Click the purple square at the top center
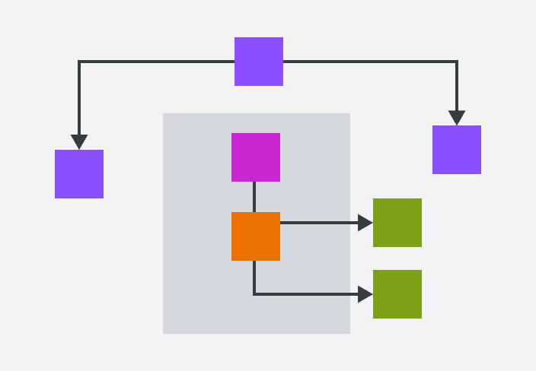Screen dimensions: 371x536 tap(259, 62)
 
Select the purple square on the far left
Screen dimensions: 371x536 tap(79, 174)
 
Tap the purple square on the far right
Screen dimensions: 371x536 tap(457, 150)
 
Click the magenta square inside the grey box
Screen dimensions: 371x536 tap(256, 157)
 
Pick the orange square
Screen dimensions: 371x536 tap(256, 236)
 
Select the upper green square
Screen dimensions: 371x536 tap(397, 223)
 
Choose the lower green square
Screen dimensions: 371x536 tap(397, 294)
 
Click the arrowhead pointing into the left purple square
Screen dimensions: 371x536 tap(79, 142)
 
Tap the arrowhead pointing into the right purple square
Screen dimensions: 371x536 tap(457, 118)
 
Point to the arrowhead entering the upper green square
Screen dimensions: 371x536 tap(365, 223)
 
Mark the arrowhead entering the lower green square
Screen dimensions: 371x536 tap(365, 294)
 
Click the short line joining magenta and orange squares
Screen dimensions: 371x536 tap(254, 197)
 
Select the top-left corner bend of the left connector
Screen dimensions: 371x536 tap(79, 62)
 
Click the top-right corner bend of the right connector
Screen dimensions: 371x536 tap(457, 62)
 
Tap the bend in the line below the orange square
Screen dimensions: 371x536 tap(254, 294)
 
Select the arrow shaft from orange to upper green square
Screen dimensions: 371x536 tap(320, 223)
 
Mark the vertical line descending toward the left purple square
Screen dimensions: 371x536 tap(79, 99)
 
